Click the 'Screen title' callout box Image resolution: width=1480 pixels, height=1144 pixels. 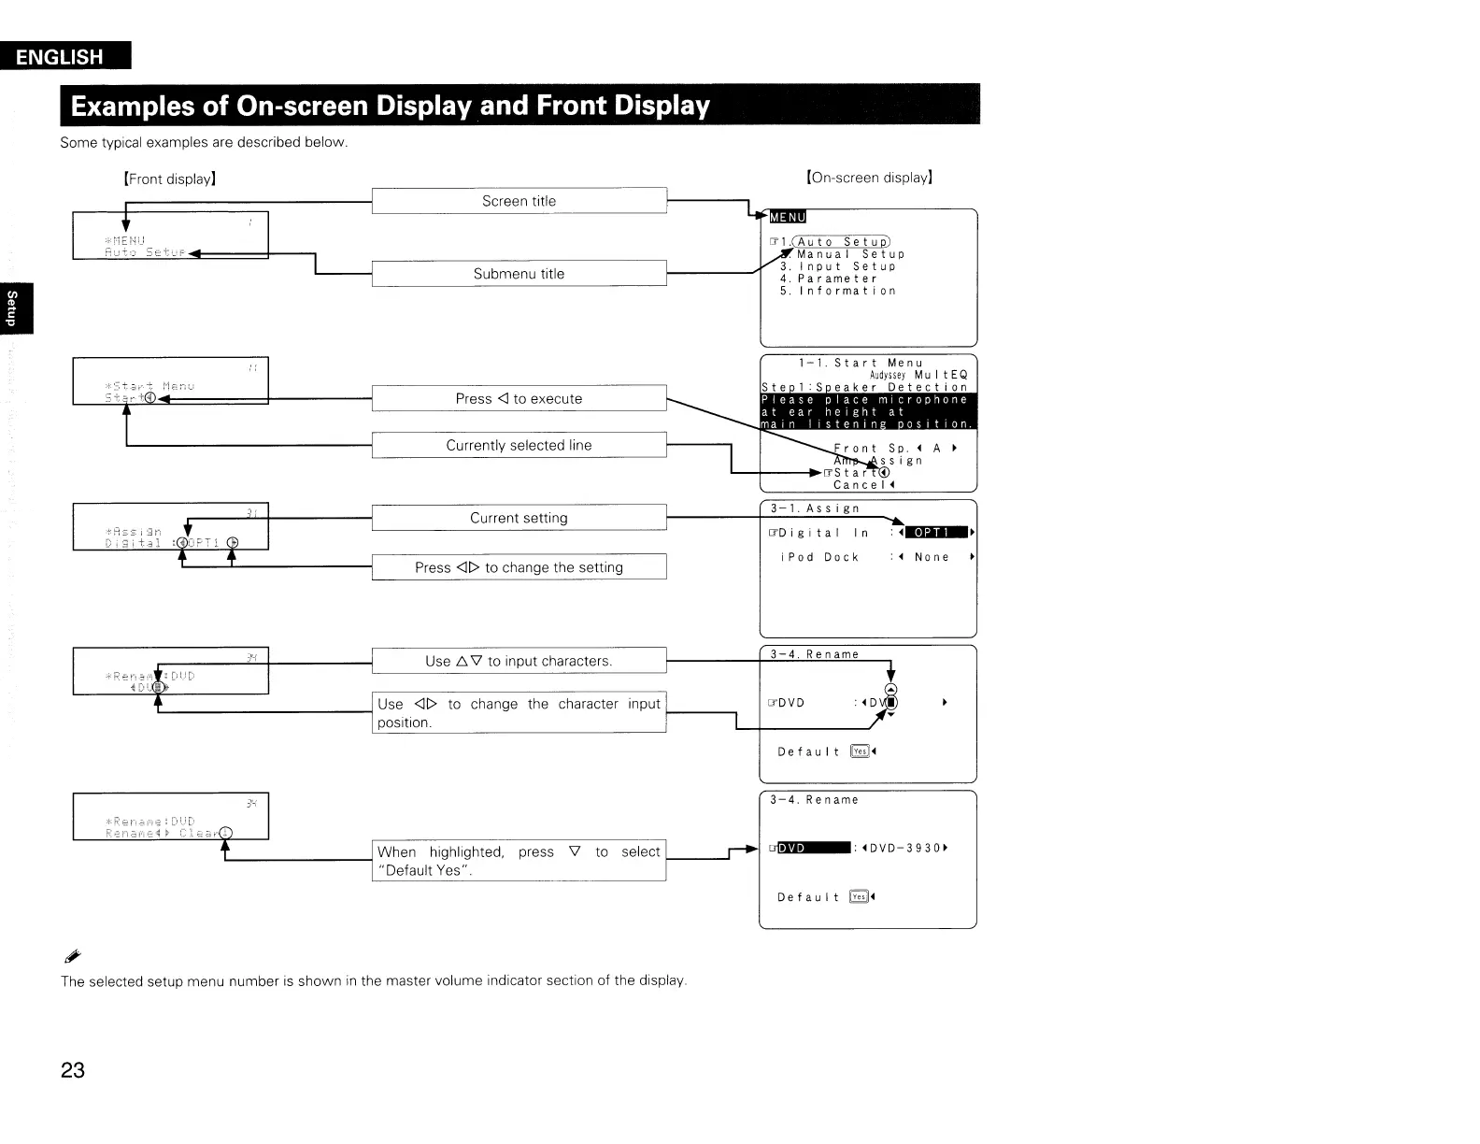pos(519,201)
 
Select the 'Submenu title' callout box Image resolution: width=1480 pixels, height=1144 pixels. pos(519,274)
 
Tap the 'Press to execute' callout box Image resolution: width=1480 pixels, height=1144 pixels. pos(519,399)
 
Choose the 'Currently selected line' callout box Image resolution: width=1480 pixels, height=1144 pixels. pos(519,446)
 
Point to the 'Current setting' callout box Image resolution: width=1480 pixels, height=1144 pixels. pos(519,518)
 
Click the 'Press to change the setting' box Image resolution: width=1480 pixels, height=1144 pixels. pos(519,567)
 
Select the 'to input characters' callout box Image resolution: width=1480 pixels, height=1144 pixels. pos(519,661)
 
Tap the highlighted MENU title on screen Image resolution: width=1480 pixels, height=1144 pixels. pos(787,218)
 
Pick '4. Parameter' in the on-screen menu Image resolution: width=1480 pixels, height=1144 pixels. pos(829,279)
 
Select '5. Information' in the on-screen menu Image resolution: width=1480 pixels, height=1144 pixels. pos(838,291)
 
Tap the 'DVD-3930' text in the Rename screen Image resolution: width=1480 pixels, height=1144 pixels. pos(904,849)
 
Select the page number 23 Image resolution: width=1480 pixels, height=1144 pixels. pos(73,1070)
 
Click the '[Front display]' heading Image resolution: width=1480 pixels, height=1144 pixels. pos(170,179)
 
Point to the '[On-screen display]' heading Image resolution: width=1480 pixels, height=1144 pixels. pos(869,178)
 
